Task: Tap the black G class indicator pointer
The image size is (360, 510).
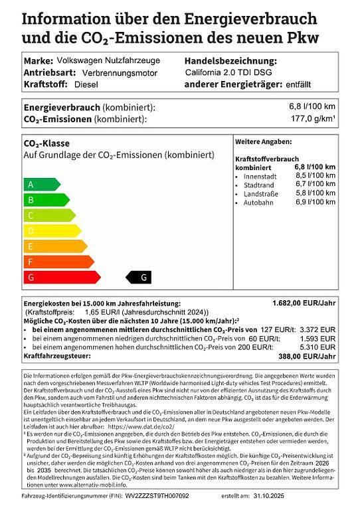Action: (140, 277)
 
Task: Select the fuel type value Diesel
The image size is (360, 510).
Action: (86, 85)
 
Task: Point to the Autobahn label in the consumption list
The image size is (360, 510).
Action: (258, 202)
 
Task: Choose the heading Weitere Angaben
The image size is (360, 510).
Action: (263, 142)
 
